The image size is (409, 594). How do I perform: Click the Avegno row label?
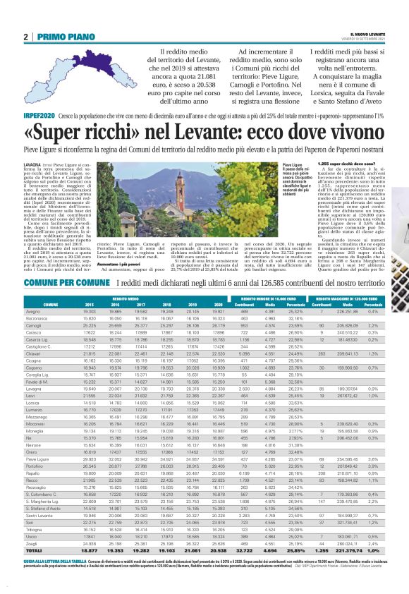[x=32, y=311]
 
